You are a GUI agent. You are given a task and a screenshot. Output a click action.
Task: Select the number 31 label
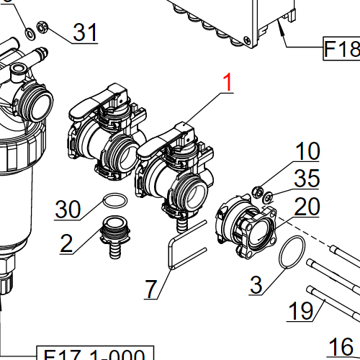tap(86, 32)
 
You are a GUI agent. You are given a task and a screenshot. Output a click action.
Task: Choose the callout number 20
tap(307, 207)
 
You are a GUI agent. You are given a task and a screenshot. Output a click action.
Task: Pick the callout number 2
tap(66, 243)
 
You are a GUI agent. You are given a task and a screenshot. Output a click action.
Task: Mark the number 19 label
tap(301, 311)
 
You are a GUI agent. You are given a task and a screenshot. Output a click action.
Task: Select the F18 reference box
tap(341, 50)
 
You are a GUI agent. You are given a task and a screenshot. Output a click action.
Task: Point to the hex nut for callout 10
tap(256, 192)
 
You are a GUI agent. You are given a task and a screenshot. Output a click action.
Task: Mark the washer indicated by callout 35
tap(267, 198)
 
